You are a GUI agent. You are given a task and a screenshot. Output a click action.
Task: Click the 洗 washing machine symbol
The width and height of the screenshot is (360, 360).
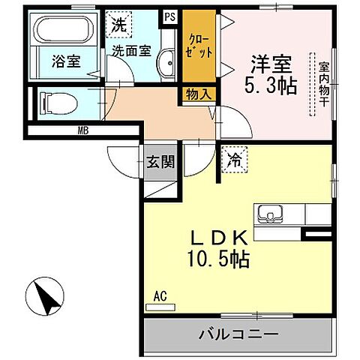coord(119,24)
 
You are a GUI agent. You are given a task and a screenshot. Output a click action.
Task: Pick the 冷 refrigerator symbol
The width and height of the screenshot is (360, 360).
coord(233,159)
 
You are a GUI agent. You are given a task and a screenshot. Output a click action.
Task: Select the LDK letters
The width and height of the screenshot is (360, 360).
coord(218,238)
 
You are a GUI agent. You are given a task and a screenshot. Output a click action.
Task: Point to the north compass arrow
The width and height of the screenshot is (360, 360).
coord(47,297)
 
